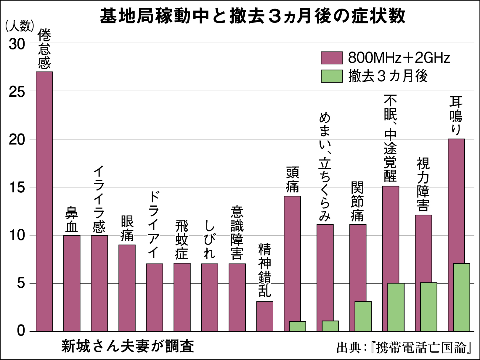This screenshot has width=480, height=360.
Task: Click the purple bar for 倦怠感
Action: pos(44,201)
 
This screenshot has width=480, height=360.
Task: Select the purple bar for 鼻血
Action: pos(72,283)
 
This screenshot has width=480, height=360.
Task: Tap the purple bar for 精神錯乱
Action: pos(264,316)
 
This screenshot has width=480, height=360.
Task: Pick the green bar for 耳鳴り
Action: pos(461,297)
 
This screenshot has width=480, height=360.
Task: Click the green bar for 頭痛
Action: pos(297,326)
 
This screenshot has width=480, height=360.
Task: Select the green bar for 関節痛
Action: pos(363,316)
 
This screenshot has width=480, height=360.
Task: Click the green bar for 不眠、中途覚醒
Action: pos(396,307)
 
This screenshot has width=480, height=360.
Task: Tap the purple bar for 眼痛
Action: pos(127,288)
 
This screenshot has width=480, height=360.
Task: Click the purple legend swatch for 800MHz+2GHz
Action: pos(332,58)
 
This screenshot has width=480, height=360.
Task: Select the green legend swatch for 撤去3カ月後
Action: pos(332,76)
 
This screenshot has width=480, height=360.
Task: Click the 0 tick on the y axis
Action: pos(21,330)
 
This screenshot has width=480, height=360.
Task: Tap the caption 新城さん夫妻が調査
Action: pos(128,346)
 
